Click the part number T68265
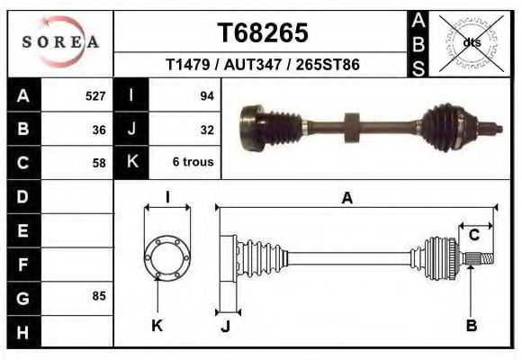(x=262, y=32)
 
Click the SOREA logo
(x=60, y=41)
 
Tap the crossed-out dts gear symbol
(x=472, y=41)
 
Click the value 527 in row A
(x=95, y=95)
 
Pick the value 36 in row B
(x=99, y=129)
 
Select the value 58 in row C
(x=99, y=163)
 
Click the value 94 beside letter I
(x=206, y=95)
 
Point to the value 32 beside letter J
(x=206, y=129)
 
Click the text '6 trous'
(x=192, y=163)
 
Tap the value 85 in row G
(x=99, y=295)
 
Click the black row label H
(x=22, y=332)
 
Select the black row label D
(x=22, y=195)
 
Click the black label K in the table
(x=132, y=163)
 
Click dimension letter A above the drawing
(x=346, y=199)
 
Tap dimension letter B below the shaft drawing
(x=471, y=326)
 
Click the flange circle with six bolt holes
(x=167, y=256)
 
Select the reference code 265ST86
(x=331, y=66)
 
